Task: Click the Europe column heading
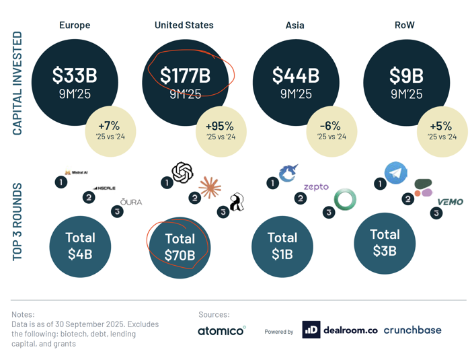coord(75,26)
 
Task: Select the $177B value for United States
coord(185,75)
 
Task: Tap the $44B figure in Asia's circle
coord(296,75)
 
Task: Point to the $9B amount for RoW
coord(406,75)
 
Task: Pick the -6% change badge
coord(332,131)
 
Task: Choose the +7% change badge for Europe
coord(108,131)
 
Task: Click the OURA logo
coord(131,202)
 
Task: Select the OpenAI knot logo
coord(182,173)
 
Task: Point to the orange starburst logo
coord(210,188)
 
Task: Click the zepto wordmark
coord(316,186)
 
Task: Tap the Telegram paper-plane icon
coord(396,172)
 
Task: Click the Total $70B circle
coord(180,247)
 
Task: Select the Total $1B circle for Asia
coord(282,246)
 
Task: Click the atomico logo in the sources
coord(221,330)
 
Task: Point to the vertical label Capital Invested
coord(17,83)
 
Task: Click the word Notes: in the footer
coord(25,314)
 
